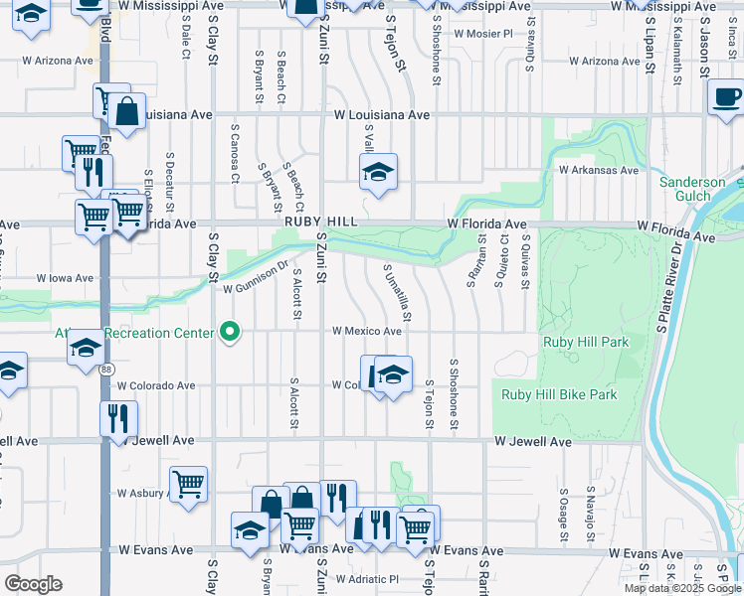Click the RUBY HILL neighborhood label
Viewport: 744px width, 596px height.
pyautogui.click(x=319, y=224)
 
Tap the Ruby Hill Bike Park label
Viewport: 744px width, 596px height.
pyautogui.click(x=559, y=394)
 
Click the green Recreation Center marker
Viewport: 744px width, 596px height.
pyautogui.click(x=231, y=332)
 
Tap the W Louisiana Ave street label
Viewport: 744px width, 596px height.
pyautogui.click(x=382, y=115)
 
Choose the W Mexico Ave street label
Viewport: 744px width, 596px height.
pyautogui.click(x=366, y=331)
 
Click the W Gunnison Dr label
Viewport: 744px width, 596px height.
pyautogui.click(x=255, y=288)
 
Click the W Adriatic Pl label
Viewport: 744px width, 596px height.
pyautogui.click(x=366, y=579)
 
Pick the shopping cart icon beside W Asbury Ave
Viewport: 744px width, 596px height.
pyautogui.click(x=188, y=486)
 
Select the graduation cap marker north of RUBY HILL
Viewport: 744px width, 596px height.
pyautogui.click(x=378, y=173)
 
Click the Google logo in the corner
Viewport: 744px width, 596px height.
pyautogui.click(x=33, y=584)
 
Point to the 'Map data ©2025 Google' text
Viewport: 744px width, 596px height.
pyautogui.click(x=681, y=588)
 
